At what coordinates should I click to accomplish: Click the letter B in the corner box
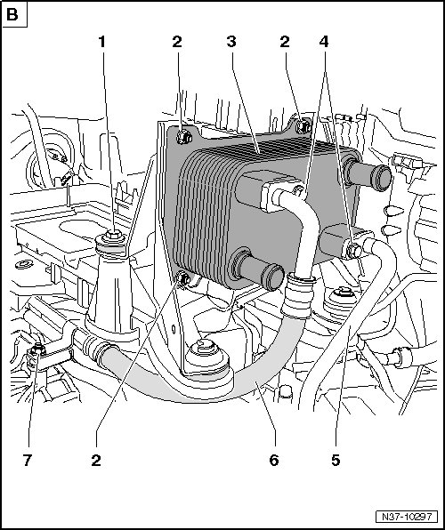tap(12, 15)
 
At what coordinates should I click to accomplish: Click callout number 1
tap(101, 42)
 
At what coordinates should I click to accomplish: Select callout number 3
tap(231, 42)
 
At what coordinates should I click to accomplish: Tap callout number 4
tap(324, 42)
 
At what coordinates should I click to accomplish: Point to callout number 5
tap(336, 460)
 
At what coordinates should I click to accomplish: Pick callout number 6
tap(274, 460)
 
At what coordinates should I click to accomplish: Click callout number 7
tap(28, 460)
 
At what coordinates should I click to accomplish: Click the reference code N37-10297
tap(407, 517)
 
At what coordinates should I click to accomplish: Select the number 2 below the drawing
tap(96, 460)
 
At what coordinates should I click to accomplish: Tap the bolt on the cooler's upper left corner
tap(183, 137)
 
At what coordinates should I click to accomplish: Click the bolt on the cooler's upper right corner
tap(303, 126)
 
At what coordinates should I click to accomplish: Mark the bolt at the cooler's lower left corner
tap(184, 278)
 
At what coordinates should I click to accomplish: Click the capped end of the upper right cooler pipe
tap(381, 178)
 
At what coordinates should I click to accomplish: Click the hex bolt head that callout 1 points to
tap(114, 234)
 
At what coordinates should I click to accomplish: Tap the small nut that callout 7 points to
tap(37, 349)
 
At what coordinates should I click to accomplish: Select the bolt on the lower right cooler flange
tap(353, 251)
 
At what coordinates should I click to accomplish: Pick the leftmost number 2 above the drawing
tap(177, 42)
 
